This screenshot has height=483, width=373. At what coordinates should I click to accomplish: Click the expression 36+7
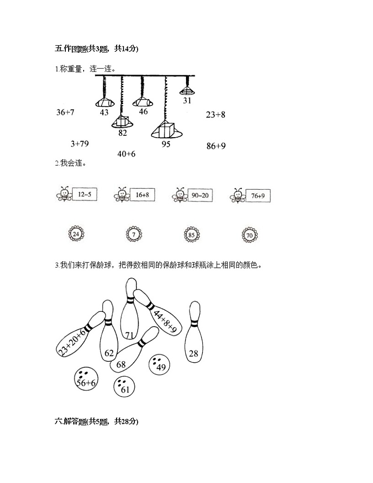pyautogui.click(x=65, y=112)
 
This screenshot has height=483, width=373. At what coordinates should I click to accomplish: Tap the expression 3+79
pyautogui.click(x=79, y=144)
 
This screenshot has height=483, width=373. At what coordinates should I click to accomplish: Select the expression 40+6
pyautogui.click(x=126, y=154)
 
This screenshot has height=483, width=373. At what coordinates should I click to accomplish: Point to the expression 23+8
pyautogui.click(x=216, y=115)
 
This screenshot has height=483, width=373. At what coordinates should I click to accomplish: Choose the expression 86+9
pyautogui.click(x=216, y=146)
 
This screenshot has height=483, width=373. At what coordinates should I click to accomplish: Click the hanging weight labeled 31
pyautogui.click(x=187, y=91)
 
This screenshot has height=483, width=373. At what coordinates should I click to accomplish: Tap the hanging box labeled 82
pyautogui.click(x=123, y=122)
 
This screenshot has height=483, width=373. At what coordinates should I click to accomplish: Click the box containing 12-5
pyautogui.click(x=85, y=195)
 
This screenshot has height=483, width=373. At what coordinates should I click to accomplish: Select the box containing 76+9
pyautogui.click(x=258, y=195)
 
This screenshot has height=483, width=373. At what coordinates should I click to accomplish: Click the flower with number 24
pyautogui.click(x=76, y=234)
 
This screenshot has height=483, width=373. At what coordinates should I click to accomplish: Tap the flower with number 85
pyautogui.click(x=192, y=235)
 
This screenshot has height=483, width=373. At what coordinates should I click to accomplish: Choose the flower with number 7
pyautogui.click(x=134, y=234)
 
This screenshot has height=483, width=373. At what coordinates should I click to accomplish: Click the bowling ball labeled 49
pyautogui.click(x=159, y=365)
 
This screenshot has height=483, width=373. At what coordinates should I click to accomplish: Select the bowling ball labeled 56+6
pyautogui.click(x=85, y=379)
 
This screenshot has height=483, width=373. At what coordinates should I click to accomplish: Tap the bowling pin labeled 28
pyautogui.click(x=194, y=332)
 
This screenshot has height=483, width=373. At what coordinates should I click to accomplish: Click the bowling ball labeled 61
pyautogui.click(x=124, y=387)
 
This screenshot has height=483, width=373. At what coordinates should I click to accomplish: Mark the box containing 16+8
pyautogui.click(x=142, y=195)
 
